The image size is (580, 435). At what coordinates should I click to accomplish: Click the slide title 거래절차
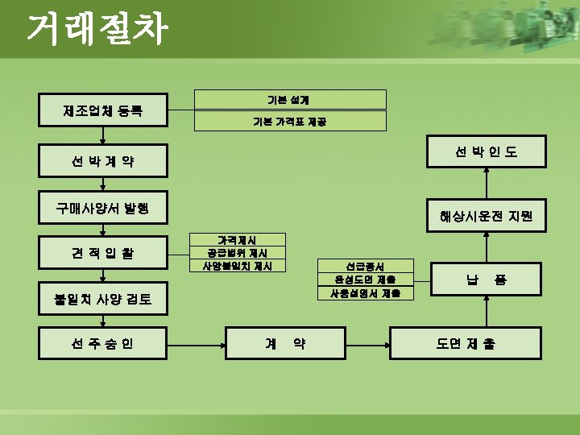[97, 30]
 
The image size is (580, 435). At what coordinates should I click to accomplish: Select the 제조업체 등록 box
[103, 110]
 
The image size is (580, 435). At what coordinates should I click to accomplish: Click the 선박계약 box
[103, 161]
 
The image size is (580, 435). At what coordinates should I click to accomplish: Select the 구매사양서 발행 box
[103, 209]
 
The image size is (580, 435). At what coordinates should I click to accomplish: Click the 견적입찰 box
[103, 253]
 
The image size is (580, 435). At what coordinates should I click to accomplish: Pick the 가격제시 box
[238, 239]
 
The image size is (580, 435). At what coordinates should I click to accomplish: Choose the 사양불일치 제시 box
[238, 266]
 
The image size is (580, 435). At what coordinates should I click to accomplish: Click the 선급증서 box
[365, 266]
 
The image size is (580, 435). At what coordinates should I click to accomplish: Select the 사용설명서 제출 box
[365, 293]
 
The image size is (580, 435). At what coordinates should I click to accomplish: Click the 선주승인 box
[103, 343]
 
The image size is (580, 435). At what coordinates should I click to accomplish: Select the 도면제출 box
[466, 343]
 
